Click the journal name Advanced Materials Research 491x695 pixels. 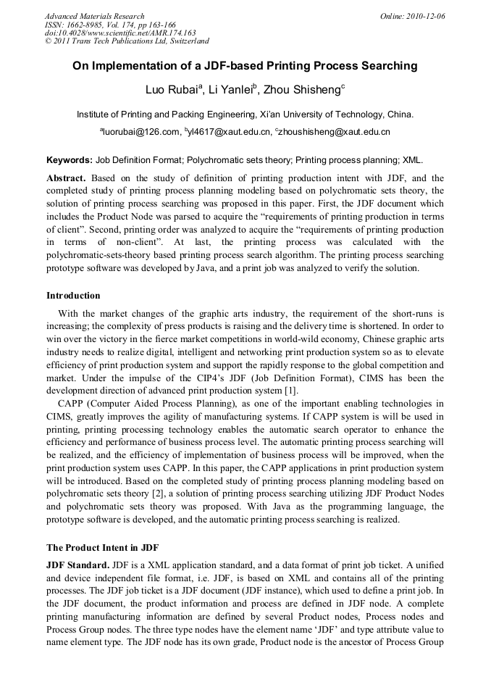[x=94, y=16]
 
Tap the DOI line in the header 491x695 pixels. [x=120, y=33]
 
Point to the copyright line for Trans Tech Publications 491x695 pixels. [x=127, y=42]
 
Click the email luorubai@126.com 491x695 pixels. [x=140, y=132]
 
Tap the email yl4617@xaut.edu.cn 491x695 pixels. [x=229, y=132]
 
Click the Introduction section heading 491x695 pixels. [x=73, y=296]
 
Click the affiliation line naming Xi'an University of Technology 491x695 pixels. [x=246, y=115]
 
